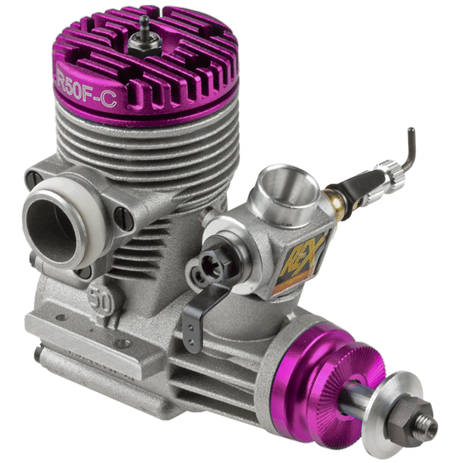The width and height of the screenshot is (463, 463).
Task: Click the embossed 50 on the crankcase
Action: [x=101, y=299]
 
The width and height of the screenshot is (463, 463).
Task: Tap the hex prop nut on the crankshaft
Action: [x=411, y=413]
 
